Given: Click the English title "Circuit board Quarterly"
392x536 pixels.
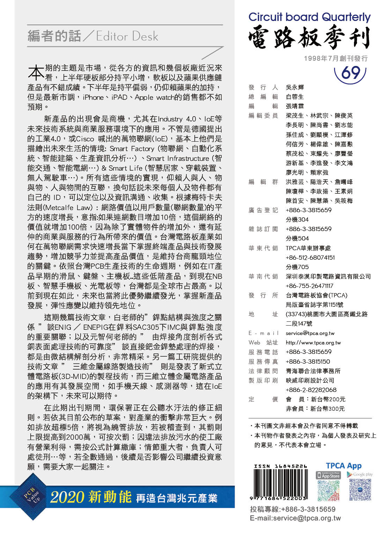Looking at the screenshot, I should click(x=309, y=17).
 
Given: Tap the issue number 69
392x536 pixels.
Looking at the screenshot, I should click(x=350, y=73).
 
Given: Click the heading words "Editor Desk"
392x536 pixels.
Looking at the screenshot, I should click(x=127, y=36).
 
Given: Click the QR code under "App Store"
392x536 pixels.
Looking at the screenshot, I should click(x=328, y=490).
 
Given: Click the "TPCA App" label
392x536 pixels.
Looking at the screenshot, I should click(x=343, y=466).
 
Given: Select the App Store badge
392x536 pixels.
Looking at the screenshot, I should click(x=328, y=475).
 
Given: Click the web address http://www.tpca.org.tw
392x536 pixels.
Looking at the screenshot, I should click(x=313, y=343).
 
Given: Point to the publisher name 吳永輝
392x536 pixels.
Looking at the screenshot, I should click(x=295, y=87).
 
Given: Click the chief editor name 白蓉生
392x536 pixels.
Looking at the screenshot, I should click(x=295, y=97).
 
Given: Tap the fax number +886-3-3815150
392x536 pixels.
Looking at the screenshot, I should click(x=308, y=362).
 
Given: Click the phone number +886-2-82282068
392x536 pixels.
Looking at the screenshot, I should click(x=311, y=390).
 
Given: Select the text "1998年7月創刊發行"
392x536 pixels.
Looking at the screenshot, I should click(x=335, y=58).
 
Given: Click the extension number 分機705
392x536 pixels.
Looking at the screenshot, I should click(x=297, y=267).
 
